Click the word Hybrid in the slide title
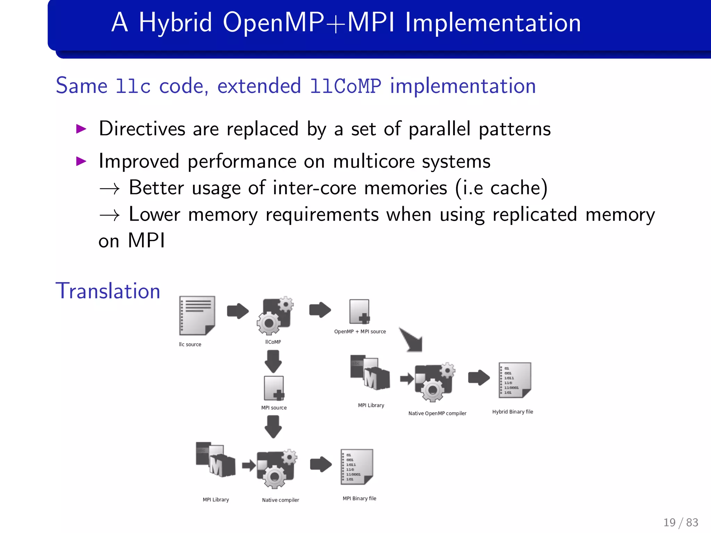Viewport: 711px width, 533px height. (x=175, y=23)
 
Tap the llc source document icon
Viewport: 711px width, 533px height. (x=197, y=315)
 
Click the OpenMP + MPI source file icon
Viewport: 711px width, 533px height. (x=359, y=311)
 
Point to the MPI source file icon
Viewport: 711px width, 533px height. (x=274, y=388)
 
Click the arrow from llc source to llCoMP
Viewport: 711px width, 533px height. (x=238, y=311)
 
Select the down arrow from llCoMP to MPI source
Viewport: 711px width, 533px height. (x=273, y=361)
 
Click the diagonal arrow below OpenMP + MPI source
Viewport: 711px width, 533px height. (x=412, y=340)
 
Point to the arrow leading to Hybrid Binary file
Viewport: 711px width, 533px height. (x=479, y=378)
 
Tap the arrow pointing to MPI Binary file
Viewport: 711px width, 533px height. (x=321, y=464)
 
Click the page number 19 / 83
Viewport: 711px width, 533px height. (x=680, y=522)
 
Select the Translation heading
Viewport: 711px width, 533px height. (x=108, y=291)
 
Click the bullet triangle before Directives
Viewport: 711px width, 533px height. (x=81, y=129)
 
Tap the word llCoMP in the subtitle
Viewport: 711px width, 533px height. (x=345, y=86)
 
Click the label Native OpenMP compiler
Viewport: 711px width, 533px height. (x=437, y=413)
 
